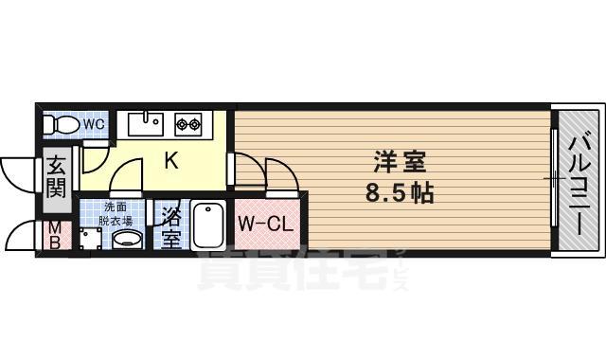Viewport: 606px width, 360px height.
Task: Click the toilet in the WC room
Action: [63, 124]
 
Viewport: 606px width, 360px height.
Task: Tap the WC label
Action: [93, 124]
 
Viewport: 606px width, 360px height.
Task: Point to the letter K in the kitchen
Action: [171, 161]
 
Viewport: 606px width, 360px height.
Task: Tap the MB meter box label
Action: [54, 235]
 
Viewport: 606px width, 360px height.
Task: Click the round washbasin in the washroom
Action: [126, 239]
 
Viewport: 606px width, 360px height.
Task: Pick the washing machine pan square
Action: [90, 241]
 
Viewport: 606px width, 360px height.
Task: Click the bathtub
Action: [207, 225]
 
